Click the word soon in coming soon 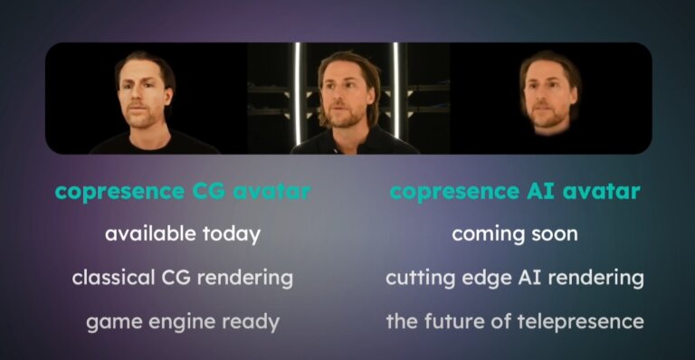(553, 234)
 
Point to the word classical (111, 278)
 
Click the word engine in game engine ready (182, 321)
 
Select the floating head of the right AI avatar (549, 94)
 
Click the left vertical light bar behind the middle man (296, 90)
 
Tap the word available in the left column (145, 234)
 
